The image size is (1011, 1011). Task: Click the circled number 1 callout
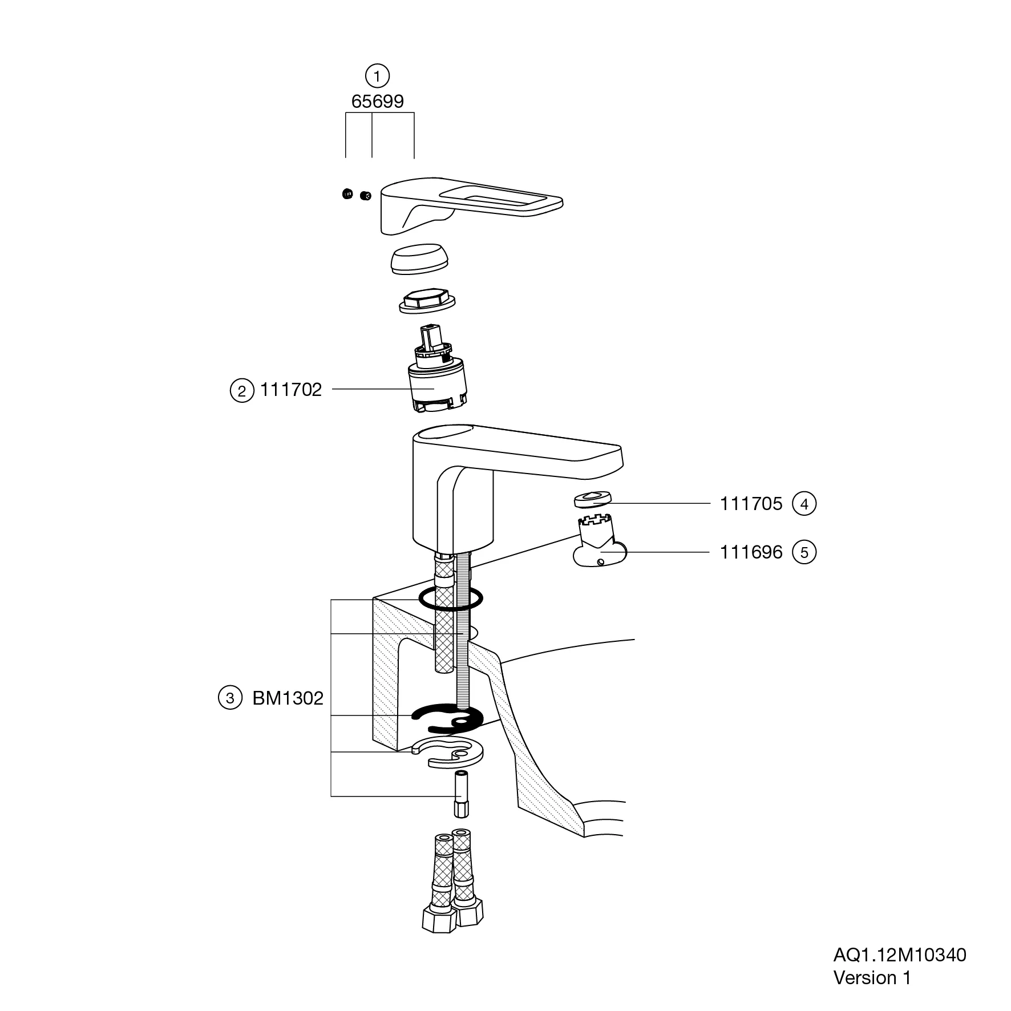[x=377, y=75]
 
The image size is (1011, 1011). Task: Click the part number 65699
[x=377, y=101]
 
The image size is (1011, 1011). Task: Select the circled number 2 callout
[x=242, y=391]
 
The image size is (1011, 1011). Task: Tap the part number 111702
[x=291, y=390]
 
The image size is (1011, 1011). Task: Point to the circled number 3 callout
[x=230, y=698]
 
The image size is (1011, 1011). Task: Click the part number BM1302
[x=288, y=698]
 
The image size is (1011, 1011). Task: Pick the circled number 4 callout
[x=804, y=504]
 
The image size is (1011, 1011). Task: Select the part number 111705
[x=751, y=504]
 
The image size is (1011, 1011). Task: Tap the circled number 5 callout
[x=804, y=552]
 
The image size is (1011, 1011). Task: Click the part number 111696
[x=751, y=552]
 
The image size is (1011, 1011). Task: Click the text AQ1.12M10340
[x=900, y=955]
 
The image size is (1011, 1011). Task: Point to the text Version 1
[x=872, y=978]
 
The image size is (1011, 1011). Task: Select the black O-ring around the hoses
[x=451, y=598]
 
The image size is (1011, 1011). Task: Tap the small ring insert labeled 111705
[x=592, y=499]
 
